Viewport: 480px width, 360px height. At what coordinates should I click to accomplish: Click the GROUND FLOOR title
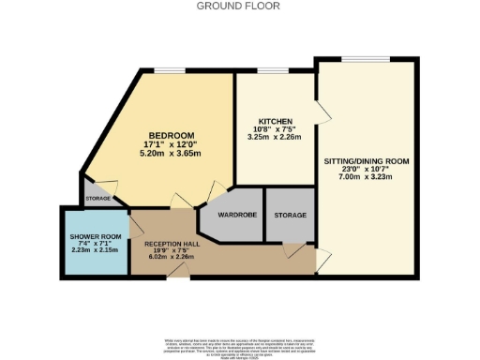pyautogui.click(x=239, y=6)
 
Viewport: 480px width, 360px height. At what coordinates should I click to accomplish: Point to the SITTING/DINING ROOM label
pyautogui.click(x=363, y=160)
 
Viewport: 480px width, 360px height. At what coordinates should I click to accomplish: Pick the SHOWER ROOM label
pyautogui.click(x=92, y=237)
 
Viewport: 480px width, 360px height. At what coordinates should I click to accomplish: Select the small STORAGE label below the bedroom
pyautogui.click(x=97, y=199)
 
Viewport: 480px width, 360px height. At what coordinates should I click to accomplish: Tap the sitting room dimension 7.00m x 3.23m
pyautogui.click(x=363, y=177)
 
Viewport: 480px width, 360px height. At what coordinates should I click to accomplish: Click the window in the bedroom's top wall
pyautogui.click(x=170, y=71)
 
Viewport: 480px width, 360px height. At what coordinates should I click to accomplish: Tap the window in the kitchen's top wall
pyautogui.click(x=273, y=71)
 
